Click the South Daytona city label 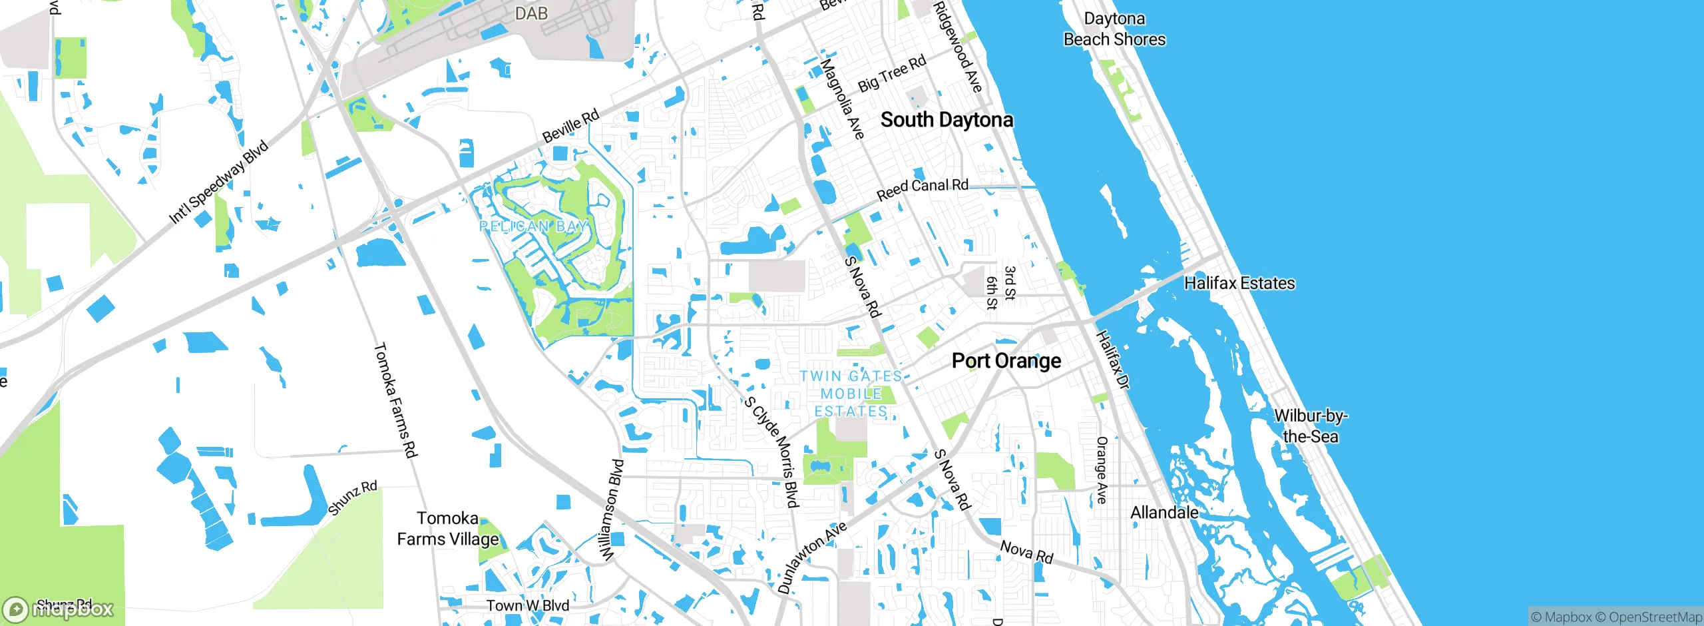click(x=947, y=120)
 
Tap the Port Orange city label click(x=1006, y=361)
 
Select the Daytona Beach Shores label click(x=1114, y=29)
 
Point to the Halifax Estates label click(x=1239, y=283)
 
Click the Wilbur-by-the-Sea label click(x=1310, y=426)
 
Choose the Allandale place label click(x=1164, y=513)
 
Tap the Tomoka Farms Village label click(x=448, y=529)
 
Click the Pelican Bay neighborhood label click(x=534, y=226)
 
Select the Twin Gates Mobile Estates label click(x=851, y=394)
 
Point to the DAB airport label click(x=531, y=13)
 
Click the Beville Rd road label click(x=570, y=127)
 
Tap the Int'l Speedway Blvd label click(x=218, y=182)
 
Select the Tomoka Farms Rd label click(x=395, y=400)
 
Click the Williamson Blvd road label click(x=612, y=510)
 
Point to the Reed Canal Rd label click(x=922, y=189)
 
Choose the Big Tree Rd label click(x=892, y=73)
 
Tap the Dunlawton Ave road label click(x=812, y=557)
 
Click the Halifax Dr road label click(x=1112, y=360)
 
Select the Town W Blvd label click(x=527, y=605)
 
